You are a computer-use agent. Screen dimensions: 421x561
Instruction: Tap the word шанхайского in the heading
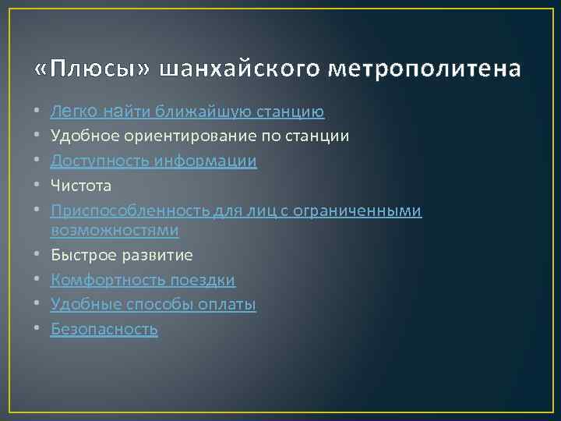pyautogui.click(x=239, y=70)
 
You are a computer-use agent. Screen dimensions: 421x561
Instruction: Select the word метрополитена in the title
pyautogui.click(x=425, y=70)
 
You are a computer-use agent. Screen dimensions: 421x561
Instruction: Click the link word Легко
pyautogui.click(x=74, y=112)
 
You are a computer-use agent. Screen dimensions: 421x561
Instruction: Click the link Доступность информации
pyautogui.click(x=153, y=161)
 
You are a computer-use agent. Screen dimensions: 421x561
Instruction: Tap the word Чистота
pyautogui.click(x=81, y=186)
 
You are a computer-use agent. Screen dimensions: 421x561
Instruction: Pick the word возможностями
pyautogui.click(x=115, y=230)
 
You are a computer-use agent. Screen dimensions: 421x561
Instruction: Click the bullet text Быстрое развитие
pyautogui.click(x=122, y=255)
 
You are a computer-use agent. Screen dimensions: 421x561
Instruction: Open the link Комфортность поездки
pyautogui.click(x=143, y=279)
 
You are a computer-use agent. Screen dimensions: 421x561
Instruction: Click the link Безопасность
pyautogui.click(x=104, y=329)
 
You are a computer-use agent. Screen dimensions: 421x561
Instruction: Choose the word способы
pyautogui.click(x=160, y=304)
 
